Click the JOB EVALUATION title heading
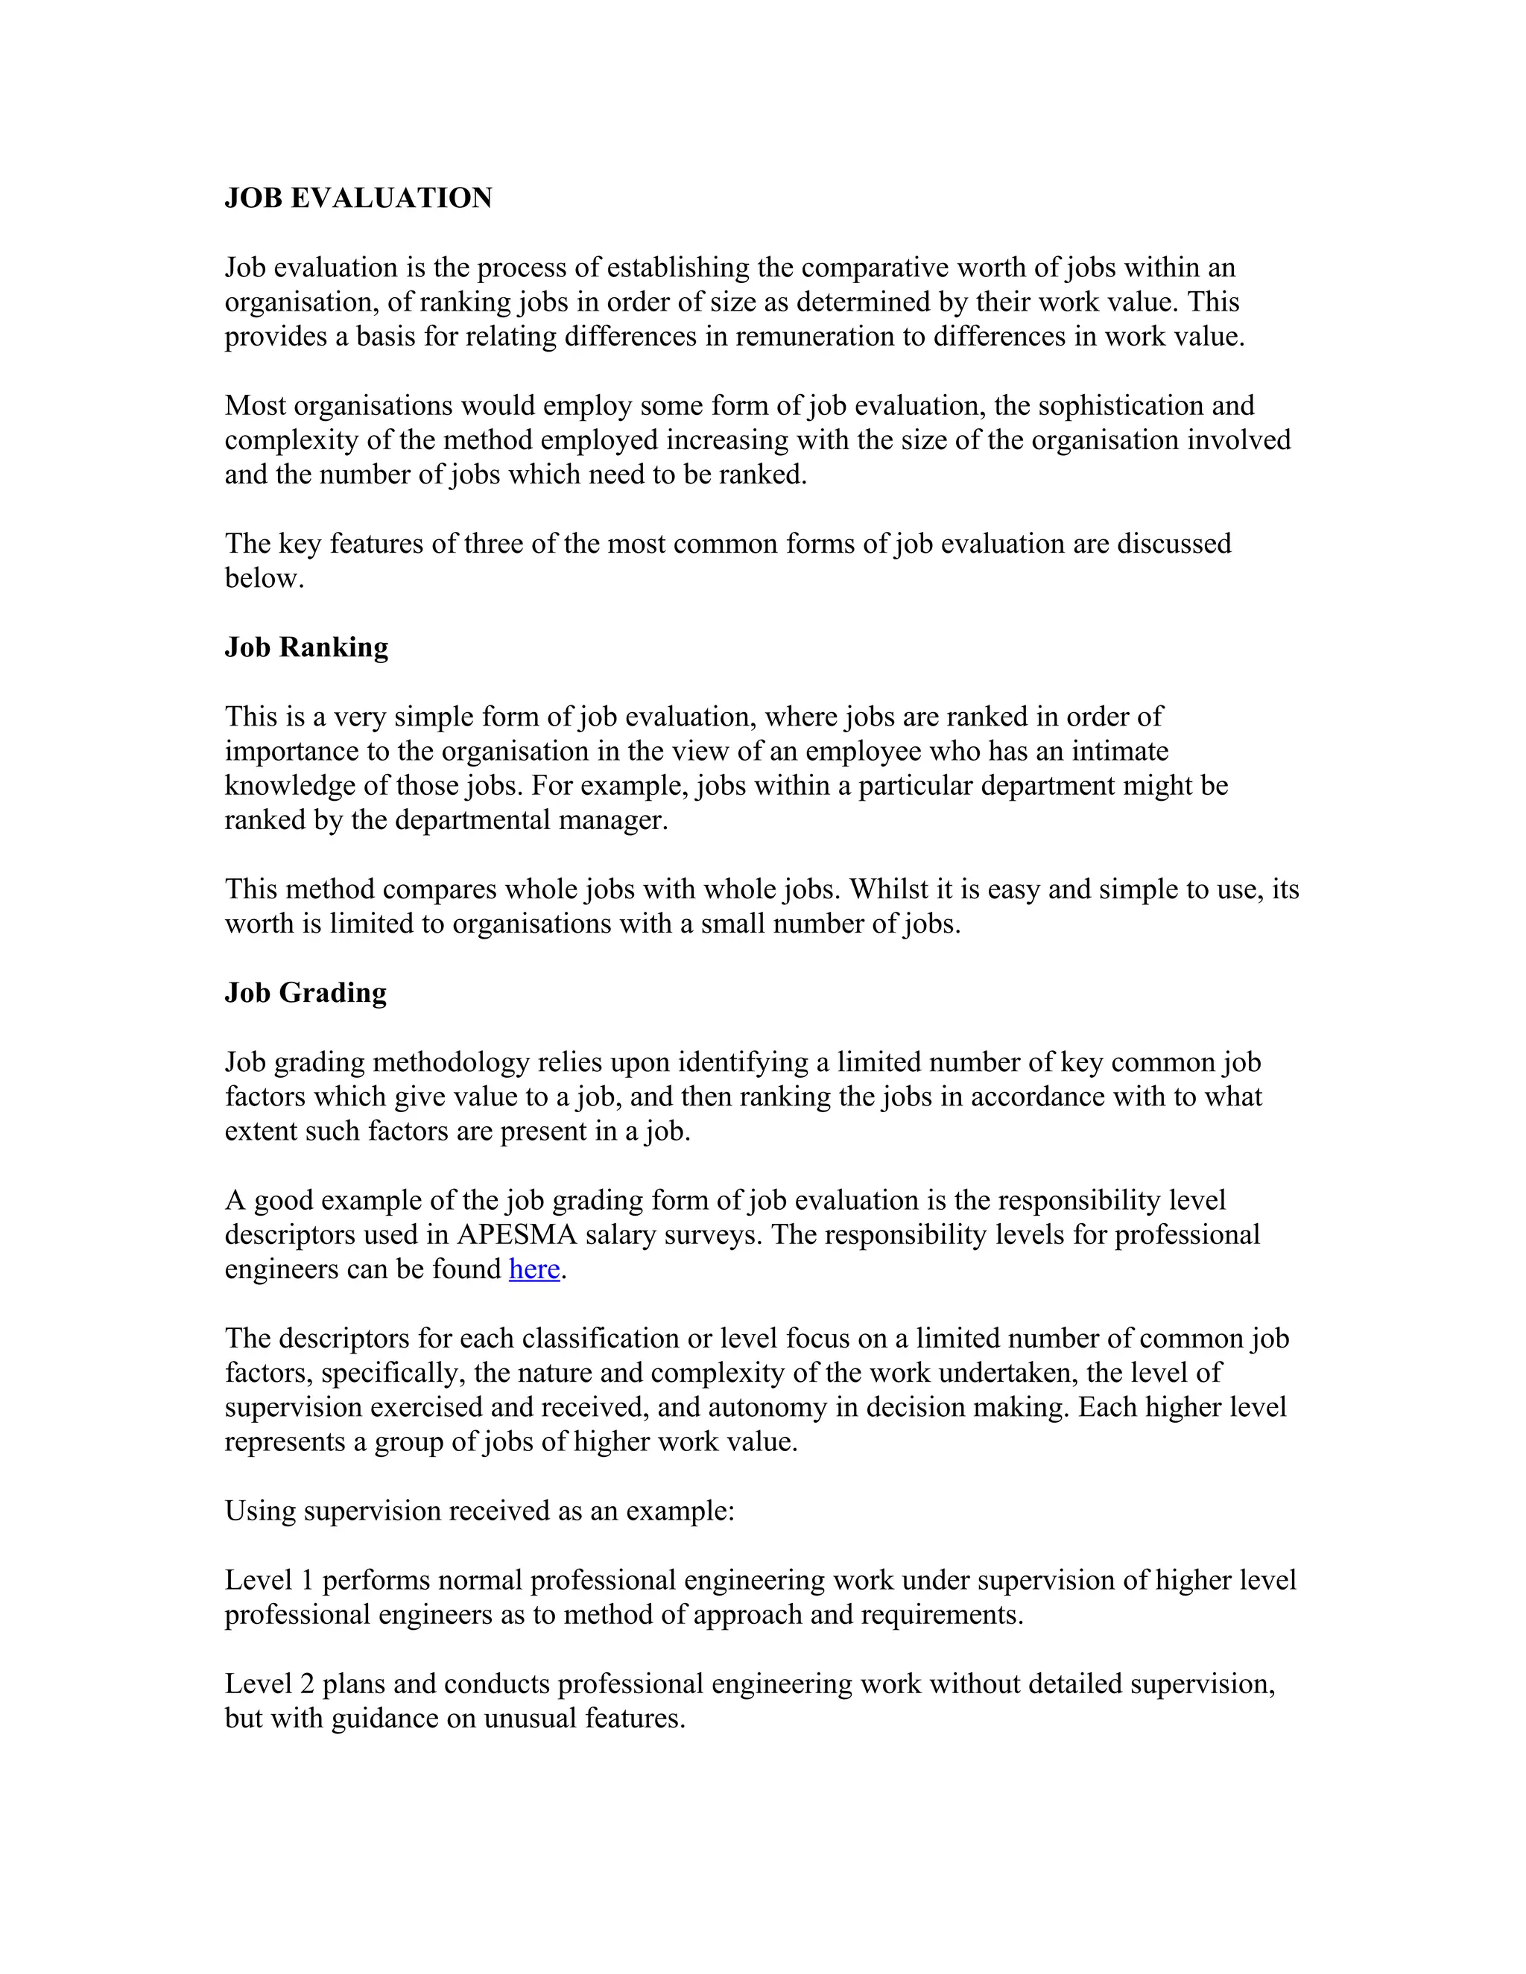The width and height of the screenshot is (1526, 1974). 358,198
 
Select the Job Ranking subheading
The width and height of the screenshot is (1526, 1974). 306,647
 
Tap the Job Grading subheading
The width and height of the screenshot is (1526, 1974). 305,992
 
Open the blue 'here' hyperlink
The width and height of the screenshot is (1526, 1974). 534,1269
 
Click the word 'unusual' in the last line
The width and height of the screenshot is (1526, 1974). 530,1718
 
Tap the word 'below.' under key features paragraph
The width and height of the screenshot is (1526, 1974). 264,579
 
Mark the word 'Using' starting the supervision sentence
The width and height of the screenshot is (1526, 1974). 260,1511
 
